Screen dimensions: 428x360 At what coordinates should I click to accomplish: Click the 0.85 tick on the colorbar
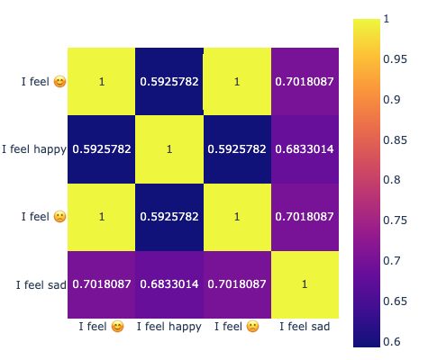click(x=395, y=140)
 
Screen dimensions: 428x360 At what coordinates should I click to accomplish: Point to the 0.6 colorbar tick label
click(x=392, y=341)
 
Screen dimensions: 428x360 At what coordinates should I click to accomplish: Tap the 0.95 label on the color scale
click(x=395, y=59)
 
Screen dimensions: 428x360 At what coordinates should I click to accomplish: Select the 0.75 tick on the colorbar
click(x=395, y=220)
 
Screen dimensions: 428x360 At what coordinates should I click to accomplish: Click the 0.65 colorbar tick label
click(x=395, y=301)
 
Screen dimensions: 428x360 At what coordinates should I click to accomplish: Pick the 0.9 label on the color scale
click(x=392, y=100)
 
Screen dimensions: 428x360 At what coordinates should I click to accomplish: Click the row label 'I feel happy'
click(x=34, y=149)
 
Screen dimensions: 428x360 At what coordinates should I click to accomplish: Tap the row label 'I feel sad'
click(x=41, y=284)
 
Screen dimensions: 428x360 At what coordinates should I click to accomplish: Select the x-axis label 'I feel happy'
click(x=169, y=327)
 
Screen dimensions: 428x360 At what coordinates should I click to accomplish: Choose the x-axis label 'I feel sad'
click(x=305, y=327)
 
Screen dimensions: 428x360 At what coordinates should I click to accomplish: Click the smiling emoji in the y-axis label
click(x=59, y=82)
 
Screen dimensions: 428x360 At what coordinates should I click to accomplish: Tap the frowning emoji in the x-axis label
click(x=253, y=327)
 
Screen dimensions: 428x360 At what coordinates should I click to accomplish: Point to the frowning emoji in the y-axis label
click(x=59, y=217)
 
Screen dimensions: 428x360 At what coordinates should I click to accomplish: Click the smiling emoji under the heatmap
click(x=117, y=327)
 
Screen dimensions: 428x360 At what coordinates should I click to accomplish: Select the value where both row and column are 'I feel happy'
click(x=169, y=149)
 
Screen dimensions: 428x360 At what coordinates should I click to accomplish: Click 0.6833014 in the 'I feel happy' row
click(x=305, y=149)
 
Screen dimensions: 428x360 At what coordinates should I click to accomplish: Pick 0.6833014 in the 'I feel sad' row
click(x=169, y=284)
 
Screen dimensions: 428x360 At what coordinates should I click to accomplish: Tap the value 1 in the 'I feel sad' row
click(x=305, y=284)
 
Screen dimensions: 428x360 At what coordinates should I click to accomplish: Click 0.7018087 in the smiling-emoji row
click(x=305, y=82)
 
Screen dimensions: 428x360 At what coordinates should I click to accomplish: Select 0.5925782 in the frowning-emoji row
click(x=169, y=217)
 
